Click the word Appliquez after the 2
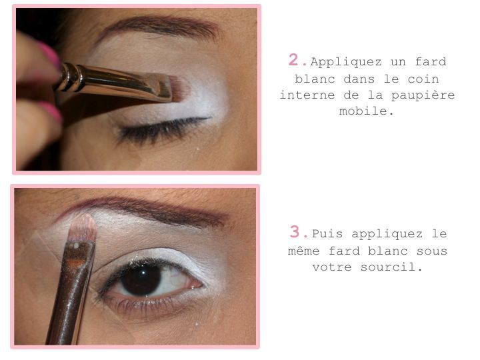[346, 62]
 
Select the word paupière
[423, 95]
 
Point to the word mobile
[366, 111]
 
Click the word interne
[307, 95]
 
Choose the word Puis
[327, 234]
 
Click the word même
[304, 251]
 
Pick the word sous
[432, 251]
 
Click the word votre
[332, 267]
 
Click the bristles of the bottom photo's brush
[83, 228]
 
